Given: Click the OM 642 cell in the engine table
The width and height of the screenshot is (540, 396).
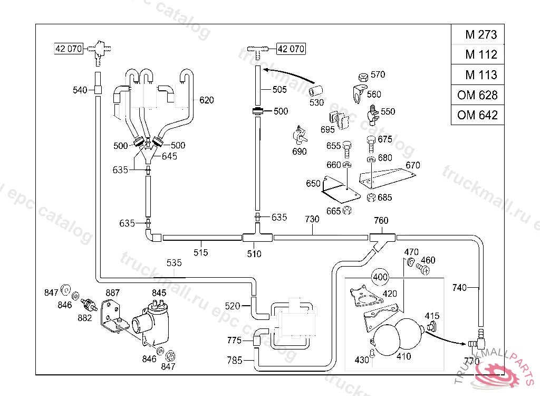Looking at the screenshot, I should [477, 115].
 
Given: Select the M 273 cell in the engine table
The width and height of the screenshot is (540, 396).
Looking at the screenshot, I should [477, 35].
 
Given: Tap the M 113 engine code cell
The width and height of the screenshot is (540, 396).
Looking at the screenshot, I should [477, 75].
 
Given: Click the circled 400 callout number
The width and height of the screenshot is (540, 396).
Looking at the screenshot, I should [380, 277].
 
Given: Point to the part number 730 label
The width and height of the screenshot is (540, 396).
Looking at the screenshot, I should [312, 219].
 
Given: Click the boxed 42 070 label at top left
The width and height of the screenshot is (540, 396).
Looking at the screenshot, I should [69, 49].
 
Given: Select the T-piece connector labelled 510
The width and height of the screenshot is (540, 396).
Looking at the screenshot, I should [257, 238].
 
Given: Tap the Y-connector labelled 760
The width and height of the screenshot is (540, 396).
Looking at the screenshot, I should [382, 239].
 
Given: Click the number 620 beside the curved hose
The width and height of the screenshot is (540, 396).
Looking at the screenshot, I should [207, 100].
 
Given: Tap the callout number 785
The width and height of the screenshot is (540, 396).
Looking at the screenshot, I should [235, 361].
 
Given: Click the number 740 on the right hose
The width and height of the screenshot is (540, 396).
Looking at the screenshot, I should [460, 288].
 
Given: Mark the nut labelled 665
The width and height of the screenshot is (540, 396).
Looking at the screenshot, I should [347, 211].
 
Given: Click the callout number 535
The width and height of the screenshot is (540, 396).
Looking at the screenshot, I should [174, 262].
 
